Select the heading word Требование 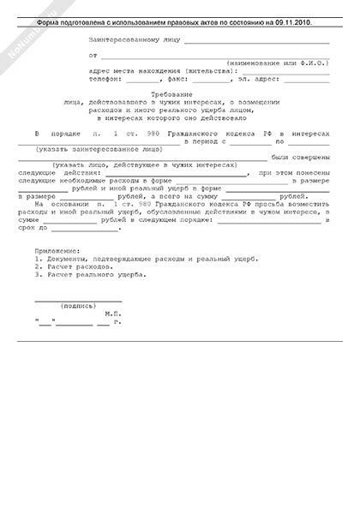(178, 92)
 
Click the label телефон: (106, 77)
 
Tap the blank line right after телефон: (141, 79)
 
